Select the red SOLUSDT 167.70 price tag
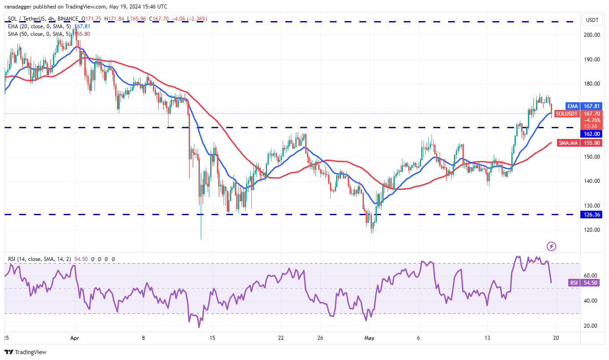(x=579, y=114)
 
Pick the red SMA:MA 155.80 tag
(x=579, y=143)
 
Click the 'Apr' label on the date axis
(x=74, y=338)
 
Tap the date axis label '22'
(x=281, y=338)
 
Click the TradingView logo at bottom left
(x=26, y=352)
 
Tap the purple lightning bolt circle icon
(x=552, y=246)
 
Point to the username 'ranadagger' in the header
(x=20, y=6)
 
